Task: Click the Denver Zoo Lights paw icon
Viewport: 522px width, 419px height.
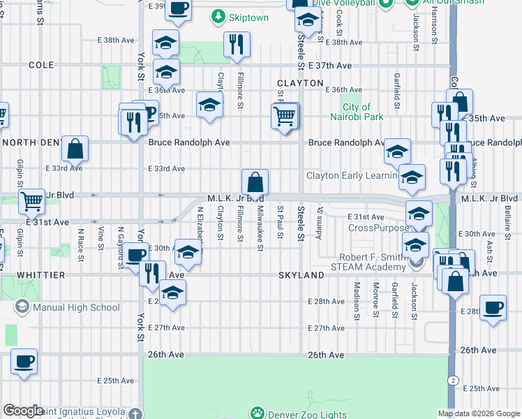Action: click(257, 413)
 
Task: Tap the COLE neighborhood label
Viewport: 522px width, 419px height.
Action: click(42, 64)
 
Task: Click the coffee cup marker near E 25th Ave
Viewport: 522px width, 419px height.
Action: click(24, 362)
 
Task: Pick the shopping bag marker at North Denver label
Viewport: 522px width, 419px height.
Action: click(75, 148)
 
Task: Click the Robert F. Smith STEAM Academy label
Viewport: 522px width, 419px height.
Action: click(380, 263)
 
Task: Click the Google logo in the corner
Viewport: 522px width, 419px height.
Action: click(23, 411)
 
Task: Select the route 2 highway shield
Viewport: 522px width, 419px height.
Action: click(454, 379)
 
